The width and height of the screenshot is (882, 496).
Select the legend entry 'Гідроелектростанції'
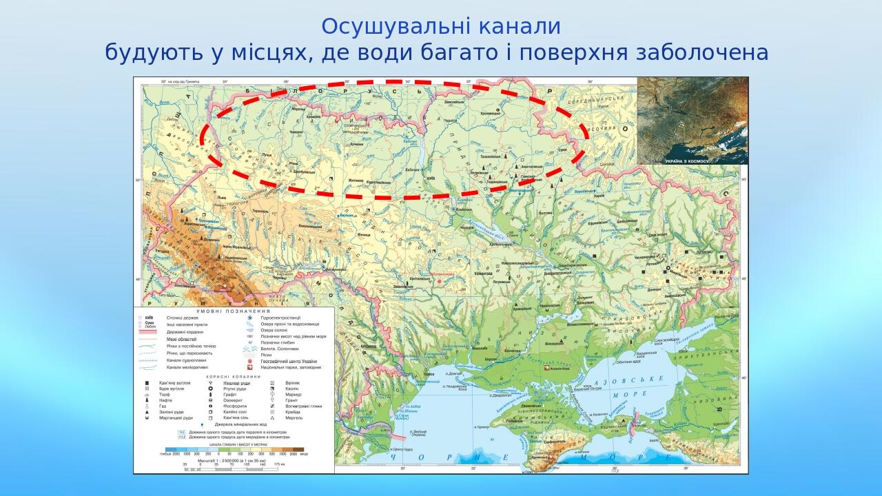[281, 318]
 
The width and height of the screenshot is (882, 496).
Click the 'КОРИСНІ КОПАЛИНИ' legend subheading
[234, 377]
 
